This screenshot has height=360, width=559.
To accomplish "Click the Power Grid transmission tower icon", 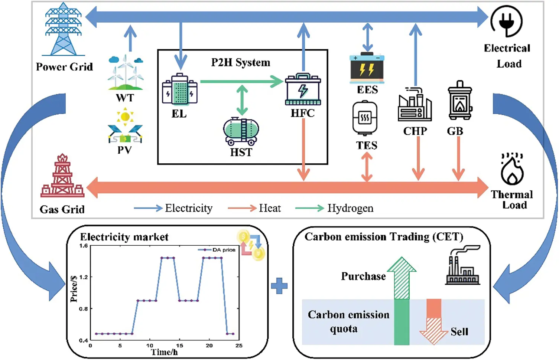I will coord(63,30).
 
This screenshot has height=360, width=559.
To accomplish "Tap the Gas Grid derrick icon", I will coord(62,176).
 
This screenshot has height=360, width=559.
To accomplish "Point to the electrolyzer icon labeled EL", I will coord(180,89).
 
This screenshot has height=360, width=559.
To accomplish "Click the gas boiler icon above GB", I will coord(460,101).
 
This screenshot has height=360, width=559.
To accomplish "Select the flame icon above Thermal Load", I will coord(512,169).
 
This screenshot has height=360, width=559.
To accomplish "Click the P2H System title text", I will coord(241,62).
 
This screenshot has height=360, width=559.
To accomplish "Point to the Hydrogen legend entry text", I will coord(350,208).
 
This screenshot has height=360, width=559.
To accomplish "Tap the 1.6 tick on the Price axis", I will coord(84,246).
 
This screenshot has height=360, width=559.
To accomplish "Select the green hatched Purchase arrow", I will coord(402,278).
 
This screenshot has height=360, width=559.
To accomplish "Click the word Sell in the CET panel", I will coord(459,331).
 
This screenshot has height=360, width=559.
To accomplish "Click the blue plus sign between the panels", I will coord(279,286).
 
